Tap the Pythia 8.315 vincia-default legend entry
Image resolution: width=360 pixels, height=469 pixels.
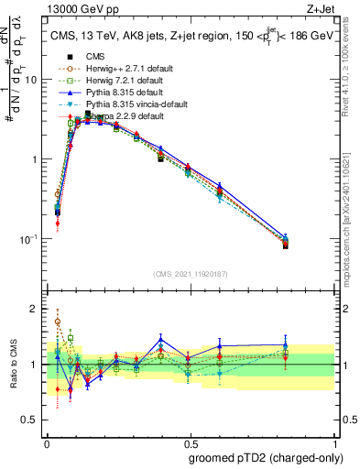(x=125, y=104)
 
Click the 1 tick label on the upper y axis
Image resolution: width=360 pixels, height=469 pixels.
(x=35, y=159)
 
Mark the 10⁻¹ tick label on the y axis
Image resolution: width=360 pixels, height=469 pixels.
(x=29, y=239)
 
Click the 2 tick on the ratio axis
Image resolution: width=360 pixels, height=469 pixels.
(x=35, y=309)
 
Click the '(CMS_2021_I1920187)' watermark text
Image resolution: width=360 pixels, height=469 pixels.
(x=191, y=272)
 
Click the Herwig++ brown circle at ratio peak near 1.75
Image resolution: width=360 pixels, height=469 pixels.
(x=58, y=322)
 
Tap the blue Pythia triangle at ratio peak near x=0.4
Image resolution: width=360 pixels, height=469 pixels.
(x=161, y=340)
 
